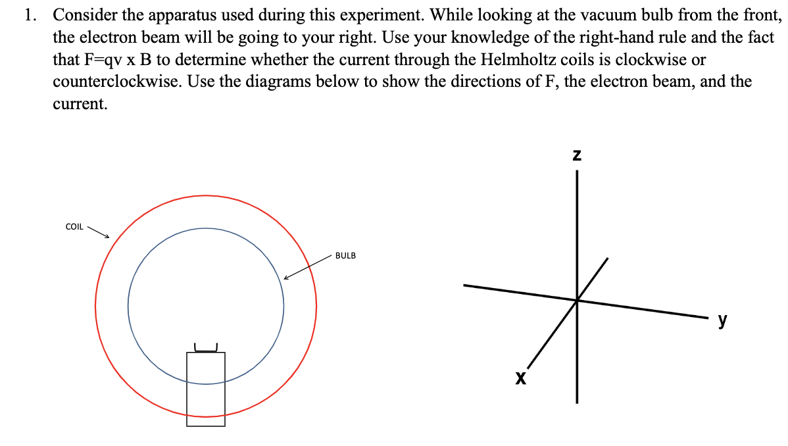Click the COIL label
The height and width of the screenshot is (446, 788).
(x=74, y=227)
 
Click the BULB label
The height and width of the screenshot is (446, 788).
(x=345, y=255)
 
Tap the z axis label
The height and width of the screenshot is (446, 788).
(x=577, y=156)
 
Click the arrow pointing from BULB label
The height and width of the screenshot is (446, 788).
(x=307, y=268)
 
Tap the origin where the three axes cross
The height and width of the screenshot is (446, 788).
(x=577, y=301)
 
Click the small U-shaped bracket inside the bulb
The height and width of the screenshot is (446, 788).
(x=206, y=347)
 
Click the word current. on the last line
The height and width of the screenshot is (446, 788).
(x=80, y=105)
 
